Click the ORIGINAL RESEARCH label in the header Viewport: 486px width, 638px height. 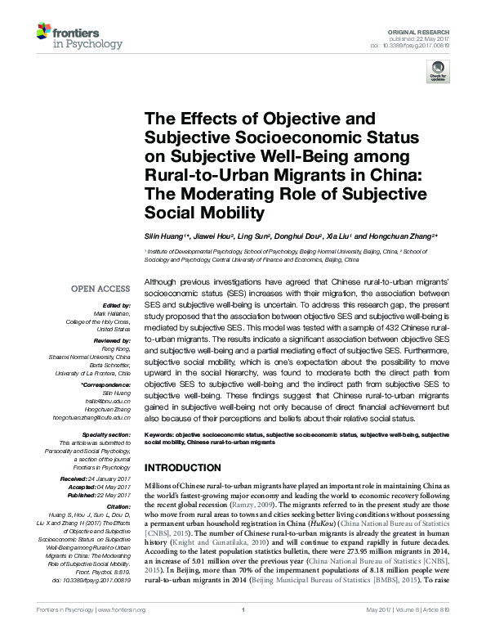[x=429, y=29]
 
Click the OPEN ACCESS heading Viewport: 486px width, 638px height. [x=100, y=289]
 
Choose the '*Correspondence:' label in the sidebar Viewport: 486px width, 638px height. [x=105, y=384]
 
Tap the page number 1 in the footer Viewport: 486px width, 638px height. [x=243, y=631]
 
